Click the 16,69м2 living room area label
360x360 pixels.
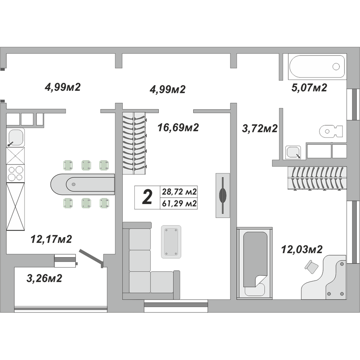pos(178,128)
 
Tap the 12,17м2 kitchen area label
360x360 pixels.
pos(51,239)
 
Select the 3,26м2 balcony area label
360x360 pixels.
pos(44,278)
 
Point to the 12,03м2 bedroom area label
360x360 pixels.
pos(302,249)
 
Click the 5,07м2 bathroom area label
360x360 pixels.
pos(309,88)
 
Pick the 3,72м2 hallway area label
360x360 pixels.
pos(260,128)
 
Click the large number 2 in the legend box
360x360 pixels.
pos(147,197)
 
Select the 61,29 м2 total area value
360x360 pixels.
pos(179,204)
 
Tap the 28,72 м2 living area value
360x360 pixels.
pos(179,192)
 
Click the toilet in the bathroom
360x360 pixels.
pos(331,131)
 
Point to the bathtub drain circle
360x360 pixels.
pos(336,66)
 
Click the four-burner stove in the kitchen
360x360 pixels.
pos(15,173)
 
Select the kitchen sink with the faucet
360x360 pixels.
pos(15,138)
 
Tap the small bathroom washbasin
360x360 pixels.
pos(293,152)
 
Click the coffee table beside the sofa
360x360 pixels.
pos(171,242)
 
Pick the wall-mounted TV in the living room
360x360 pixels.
pos(222,195)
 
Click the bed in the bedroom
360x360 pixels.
pos(255,263)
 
